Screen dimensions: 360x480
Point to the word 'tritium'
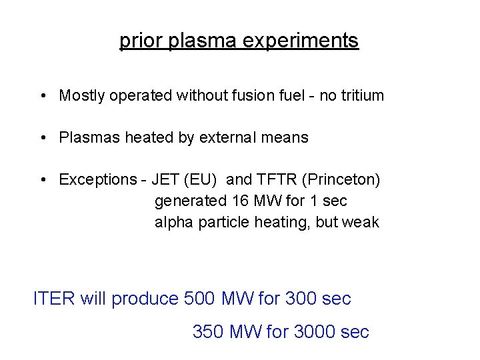point(362,95)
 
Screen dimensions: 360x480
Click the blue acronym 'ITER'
point(54,299)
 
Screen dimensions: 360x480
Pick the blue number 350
point(208,331)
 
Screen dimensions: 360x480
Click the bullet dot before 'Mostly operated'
point(42,96)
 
